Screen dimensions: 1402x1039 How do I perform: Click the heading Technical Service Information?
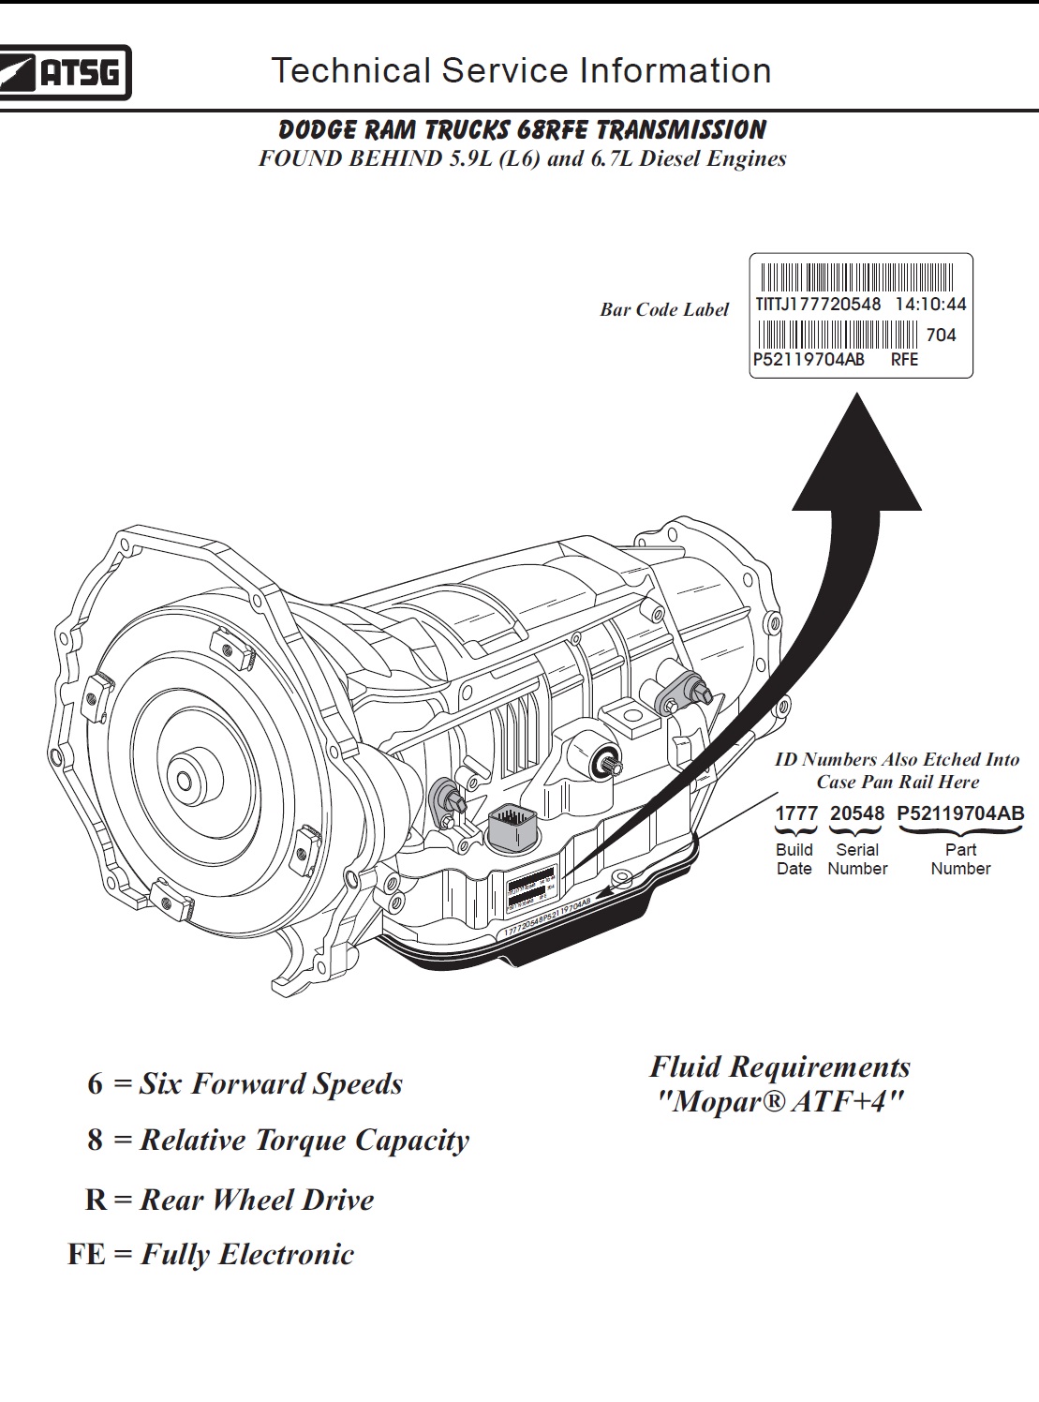click(x=521, y=71)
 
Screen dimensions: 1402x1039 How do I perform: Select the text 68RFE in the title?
click(x=552, y=130)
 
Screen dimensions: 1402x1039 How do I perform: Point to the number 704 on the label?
click(x=941, y=335)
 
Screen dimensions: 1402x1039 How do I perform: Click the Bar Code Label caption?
click(x=663, y=310)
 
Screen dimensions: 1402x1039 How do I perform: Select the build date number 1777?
click(x=796, y=813)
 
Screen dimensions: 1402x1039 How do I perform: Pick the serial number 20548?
click(x=856, y=813)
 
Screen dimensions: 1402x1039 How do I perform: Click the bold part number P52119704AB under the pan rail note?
click(x=960, y=813)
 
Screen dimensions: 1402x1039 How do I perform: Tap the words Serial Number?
click(x=856, y=859)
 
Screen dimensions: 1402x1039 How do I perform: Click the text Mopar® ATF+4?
click(x=779, y=1100)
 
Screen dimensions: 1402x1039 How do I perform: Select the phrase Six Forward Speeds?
click(x=271, y=1083)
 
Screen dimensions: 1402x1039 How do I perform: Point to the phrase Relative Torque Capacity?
click(x=304, y=1141)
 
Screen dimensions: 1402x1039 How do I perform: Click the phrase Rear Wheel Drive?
click(x=257, y=1200)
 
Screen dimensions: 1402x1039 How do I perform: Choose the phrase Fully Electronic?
click(x=247, y=1255)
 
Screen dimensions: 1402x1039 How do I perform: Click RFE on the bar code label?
click(x=904, y=360)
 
